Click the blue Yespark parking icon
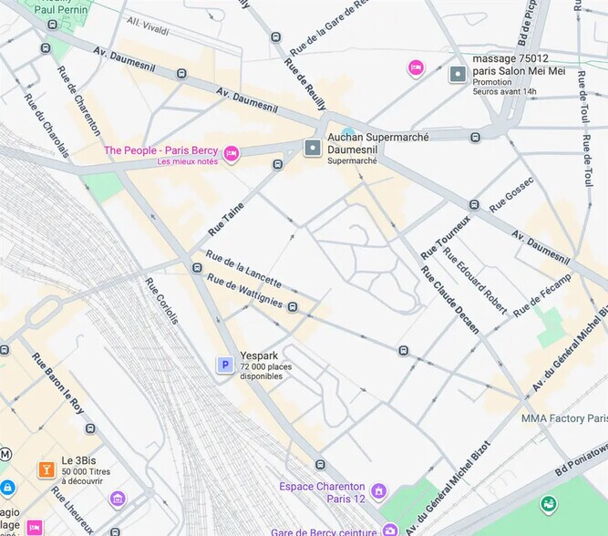[x=224, y=365]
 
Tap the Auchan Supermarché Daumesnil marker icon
[x=313, y=147]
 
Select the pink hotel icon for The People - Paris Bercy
[x=232, y=153]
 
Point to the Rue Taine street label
[x=226, y=220]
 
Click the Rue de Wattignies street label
[x=244, y=292]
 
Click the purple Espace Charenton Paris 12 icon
[x=379, y=492]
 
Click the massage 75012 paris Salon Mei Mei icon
[x=458, y=73]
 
